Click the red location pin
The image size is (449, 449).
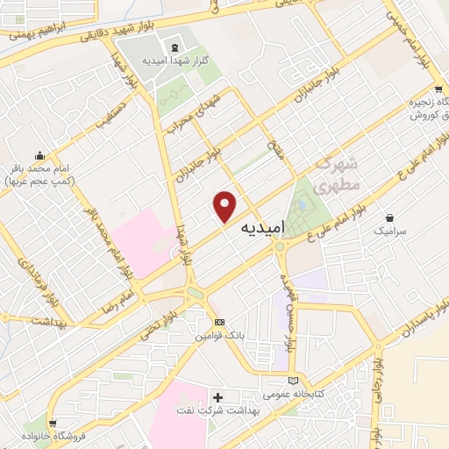(x=226, y=205)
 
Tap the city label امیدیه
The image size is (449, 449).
(x=261, y=226)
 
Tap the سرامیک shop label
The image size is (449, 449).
(x=390, y=232)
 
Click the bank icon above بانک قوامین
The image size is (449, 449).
(x=218, y=322)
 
